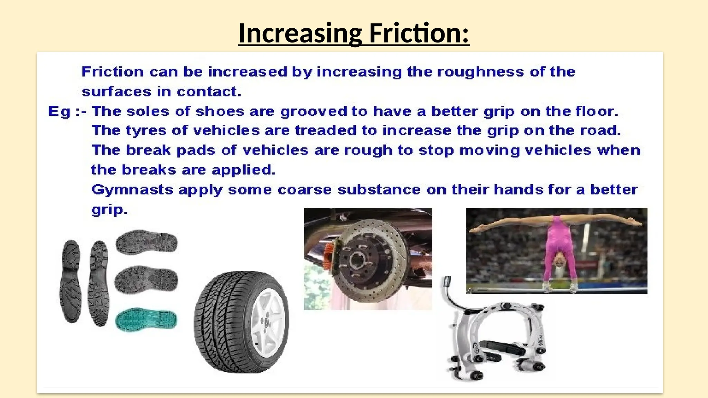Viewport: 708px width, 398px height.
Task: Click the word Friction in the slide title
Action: point(419,33)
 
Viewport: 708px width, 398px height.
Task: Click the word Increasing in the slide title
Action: point(300,33)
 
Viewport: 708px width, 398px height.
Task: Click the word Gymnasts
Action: point(132,190)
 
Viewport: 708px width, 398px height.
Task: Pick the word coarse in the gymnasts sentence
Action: point(305,190)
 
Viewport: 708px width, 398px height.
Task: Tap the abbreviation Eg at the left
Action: point(59,112)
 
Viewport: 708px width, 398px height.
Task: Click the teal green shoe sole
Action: point(146,320)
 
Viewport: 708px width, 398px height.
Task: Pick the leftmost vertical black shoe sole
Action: point(71,282)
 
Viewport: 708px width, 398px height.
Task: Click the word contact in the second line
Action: point(208,92)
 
